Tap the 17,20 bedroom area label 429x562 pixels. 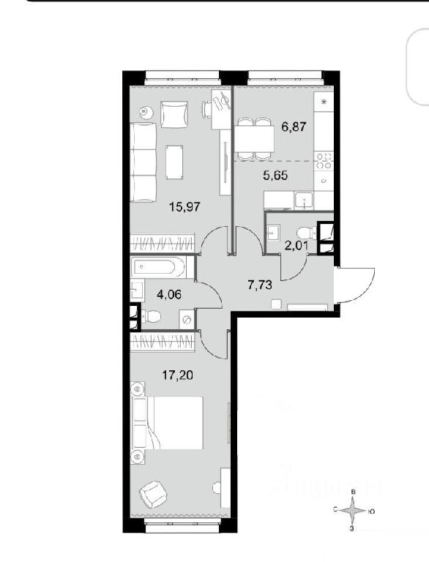coord(178,375)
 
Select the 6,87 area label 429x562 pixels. coord(294,126)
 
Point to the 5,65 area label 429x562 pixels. coord(275,176)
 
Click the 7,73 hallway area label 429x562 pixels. coord(260,285)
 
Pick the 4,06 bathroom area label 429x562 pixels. coord(169,294)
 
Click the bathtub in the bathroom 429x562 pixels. coord(158,267)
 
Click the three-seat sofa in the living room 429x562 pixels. coord(143,162)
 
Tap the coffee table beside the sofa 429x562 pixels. coord(175,162)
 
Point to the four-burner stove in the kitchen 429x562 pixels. coord(324,160)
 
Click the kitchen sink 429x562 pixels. coord(304,201)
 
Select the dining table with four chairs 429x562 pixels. coord(255,139)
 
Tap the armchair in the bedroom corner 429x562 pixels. coord(153,494)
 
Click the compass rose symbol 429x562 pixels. coord(354,511)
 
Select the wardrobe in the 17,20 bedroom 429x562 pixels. coord(163,342)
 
